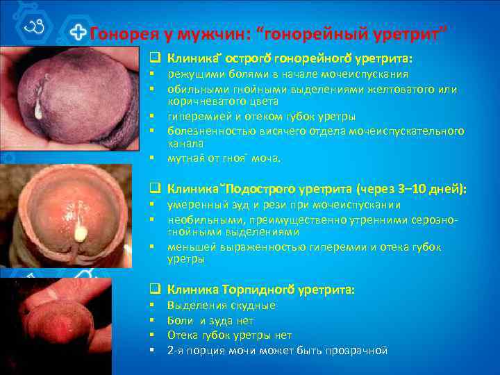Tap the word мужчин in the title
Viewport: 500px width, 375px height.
(200, 33)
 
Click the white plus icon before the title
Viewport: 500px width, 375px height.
(81, 33)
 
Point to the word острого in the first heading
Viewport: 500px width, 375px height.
(248, 58)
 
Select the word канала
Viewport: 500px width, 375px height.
(184, 143)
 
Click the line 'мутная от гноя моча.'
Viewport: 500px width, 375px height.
(224, 158)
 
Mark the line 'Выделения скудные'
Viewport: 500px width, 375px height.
(222, 306)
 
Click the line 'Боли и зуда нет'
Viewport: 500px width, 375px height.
(210, 321)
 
